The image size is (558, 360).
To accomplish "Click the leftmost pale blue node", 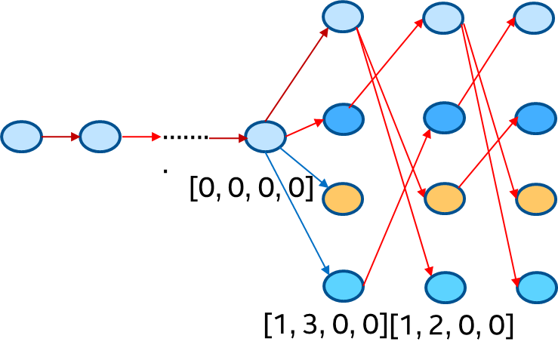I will tap(21, 137).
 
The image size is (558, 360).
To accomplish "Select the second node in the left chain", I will tap(100, 137).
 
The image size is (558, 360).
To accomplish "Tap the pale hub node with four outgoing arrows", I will tap(266, 137).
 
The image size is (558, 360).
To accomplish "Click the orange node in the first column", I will tap(343, 198).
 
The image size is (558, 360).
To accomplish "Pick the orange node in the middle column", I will tap(445, 198).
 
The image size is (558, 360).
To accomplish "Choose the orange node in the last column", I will tap(537, 199).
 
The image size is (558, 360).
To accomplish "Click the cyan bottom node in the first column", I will tap(344, 286).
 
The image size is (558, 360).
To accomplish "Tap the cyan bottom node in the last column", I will tap(537, 288).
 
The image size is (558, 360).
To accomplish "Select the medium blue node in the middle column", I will tap(444, 118).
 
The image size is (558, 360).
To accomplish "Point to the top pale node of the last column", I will tap(535, 18).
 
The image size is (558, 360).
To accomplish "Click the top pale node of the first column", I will tap(343, 17).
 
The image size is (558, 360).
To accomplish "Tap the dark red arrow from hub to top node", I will tap(297, 74).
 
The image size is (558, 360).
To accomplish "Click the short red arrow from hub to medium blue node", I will tap(304, 128).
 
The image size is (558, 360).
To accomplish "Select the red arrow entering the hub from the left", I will tap(227, 138).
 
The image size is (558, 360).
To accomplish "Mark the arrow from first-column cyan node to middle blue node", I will tap(397, 207).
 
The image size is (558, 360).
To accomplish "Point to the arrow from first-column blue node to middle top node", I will tap(385, 63).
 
